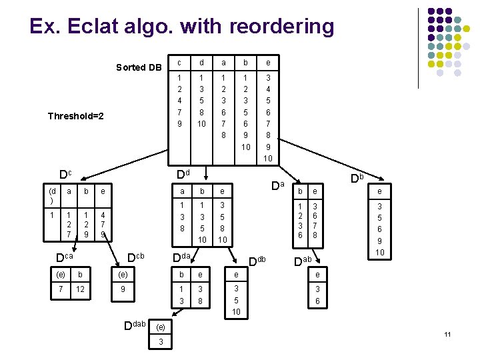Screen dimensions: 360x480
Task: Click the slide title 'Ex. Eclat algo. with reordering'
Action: tap(181, 27)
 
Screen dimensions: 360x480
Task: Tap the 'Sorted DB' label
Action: tap(139, 67)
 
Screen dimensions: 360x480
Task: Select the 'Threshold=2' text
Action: tap(76, 116)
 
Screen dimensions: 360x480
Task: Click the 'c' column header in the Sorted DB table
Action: tap(179, 63)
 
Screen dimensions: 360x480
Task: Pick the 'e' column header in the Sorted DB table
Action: tap(267, 63)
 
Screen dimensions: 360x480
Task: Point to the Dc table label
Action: tap(65, 175)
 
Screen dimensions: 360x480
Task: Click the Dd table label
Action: tap(183, 175)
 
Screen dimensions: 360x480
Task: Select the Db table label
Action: tap(357, 178)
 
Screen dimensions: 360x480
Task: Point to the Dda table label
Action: tap(182, 257)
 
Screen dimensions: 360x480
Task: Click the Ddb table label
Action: tap(257, 259)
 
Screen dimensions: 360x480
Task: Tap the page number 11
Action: tap(448, 333)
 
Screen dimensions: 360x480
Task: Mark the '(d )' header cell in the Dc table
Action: tap(53, 196)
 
